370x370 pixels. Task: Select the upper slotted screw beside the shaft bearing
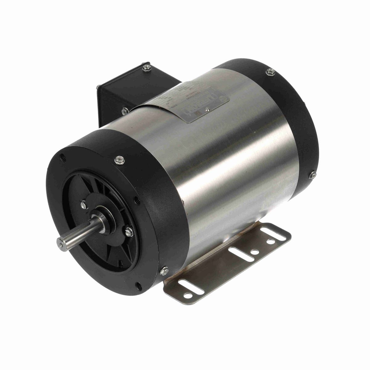click(83, 203)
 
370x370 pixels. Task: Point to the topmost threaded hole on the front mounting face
click(63, 156)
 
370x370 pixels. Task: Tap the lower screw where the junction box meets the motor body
click(124, 109)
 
